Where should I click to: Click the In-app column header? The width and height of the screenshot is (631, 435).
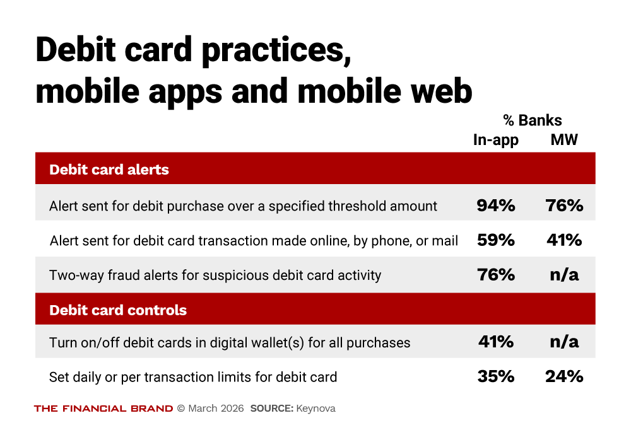[496, 140]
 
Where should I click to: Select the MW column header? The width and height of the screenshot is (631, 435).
[564, 140]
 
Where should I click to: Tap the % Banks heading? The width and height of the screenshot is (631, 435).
[532, 120]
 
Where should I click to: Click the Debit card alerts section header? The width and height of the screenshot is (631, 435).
[109, 169]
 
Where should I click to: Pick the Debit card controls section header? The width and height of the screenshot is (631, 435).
[118, 310]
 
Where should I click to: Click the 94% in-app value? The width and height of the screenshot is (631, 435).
[496, 205]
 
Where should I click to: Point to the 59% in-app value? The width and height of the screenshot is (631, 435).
[496, 240]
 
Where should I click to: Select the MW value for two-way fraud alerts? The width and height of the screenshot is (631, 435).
[564, 275]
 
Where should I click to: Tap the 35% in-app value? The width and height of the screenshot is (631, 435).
[496, 377]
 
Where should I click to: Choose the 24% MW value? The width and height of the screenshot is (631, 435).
[564, 377]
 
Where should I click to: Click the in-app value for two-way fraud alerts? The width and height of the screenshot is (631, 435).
[496, 275]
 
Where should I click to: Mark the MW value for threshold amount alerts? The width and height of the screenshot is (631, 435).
[564, 205]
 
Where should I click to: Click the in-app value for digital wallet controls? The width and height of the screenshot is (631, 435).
[496, 342]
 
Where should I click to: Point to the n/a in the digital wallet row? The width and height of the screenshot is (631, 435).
[564, 342]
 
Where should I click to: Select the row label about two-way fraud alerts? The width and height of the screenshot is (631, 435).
[215, 275]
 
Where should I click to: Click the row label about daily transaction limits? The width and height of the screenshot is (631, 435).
[193, 377]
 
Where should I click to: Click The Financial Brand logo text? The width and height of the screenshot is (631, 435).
[103, 409]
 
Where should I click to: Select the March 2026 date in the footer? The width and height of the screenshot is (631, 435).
[216, 409]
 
